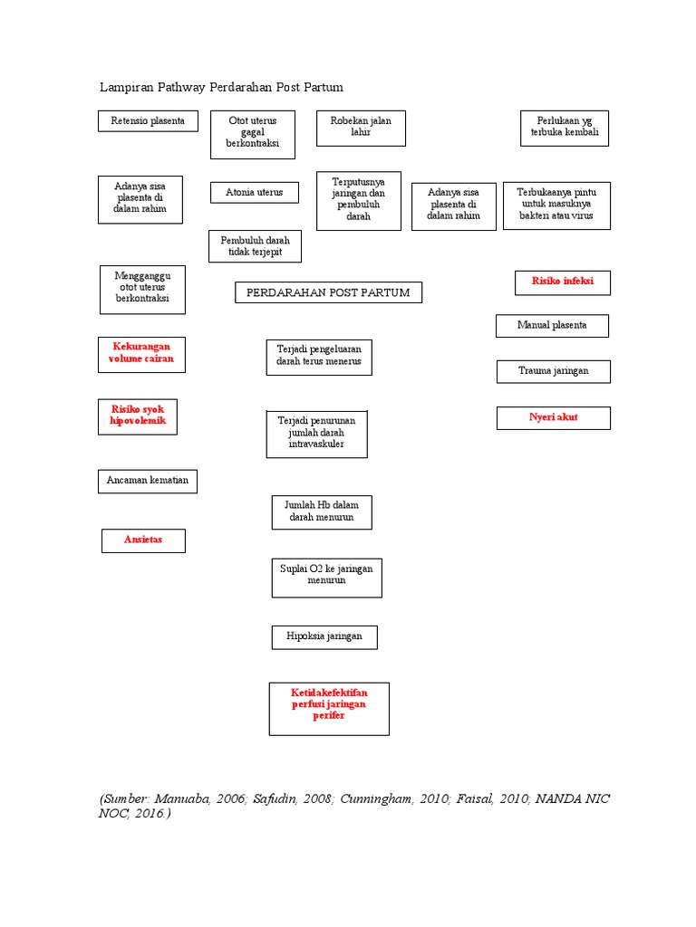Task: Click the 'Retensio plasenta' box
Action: point(148,121)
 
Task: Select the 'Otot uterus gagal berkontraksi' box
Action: point(253,134)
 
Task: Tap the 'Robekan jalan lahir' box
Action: point(361,128)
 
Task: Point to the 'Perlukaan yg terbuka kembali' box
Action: point(565,128)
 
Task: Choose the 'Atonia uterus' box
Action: point(254,193)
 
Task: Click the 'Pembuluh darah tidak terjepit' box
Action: point(255,246)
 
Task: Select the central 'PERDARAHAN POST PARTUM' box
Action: point(328,292)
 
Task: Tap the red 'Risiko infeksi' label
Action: point(562,282)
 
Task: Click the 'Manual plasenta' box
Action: point(552,326)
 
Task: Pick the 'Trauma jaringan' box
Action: point(553,371)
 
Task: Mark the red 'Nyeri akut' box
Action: point(553,418)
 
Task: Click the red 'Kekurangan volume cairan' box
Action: point(141,355)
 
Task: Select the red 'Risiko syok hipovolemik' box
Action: point(138,416)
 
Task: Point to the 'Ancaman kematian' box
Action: point(148,481)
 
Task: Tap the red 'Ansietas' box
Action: point(143,540)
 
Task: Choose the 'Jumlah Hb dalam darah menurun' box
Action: point(322,512)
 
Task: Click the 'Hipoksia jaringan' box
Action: point(324,637)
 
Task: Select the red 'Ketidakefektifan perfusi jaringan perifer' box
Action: point(329,708)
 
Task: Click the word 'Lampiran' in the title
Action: point(125,88)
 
